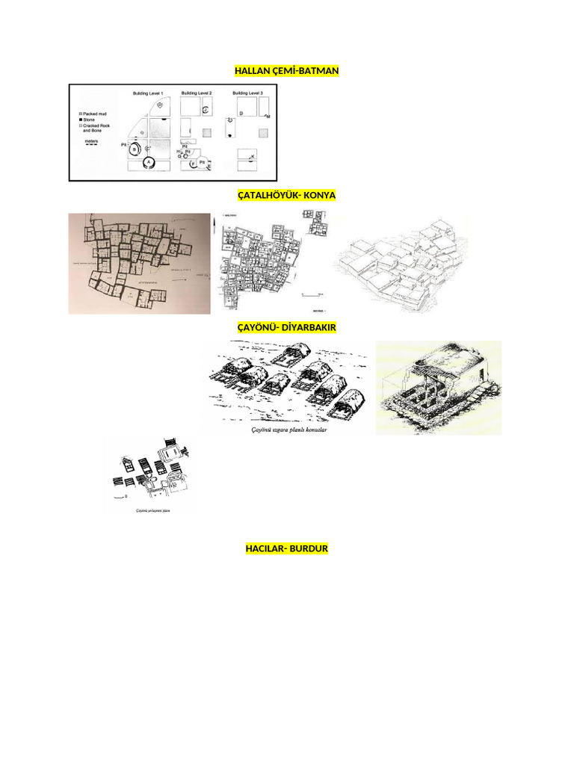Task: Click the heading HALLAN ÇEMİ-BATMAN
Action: click(x=286, y=71)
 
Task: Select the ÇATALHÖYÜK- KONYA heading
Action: click(x=286, y=196)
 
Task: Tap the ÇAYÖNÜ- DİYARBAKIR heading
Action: click(x=286, y=327)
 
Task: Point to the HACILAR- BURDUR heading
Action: click(x=286, y=549)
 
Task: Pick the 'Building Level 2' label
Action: click(x=197, y=93)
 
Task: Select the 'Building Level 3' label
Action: click(x=247, y=93)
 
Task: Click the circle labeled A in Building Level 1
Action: click(x=149, y=161)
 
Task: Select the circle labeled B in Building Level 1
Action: click(x=135, y=149)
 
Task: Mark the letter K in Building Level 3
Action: click(x=253, y=156)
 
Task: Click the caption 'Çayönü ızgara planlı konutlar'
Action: click(x=287, y=430)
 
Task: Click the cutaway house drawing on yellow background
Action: click(x=438, y=387)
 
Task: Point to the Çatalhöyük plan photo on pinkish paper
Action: click(x=140, y=263)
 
